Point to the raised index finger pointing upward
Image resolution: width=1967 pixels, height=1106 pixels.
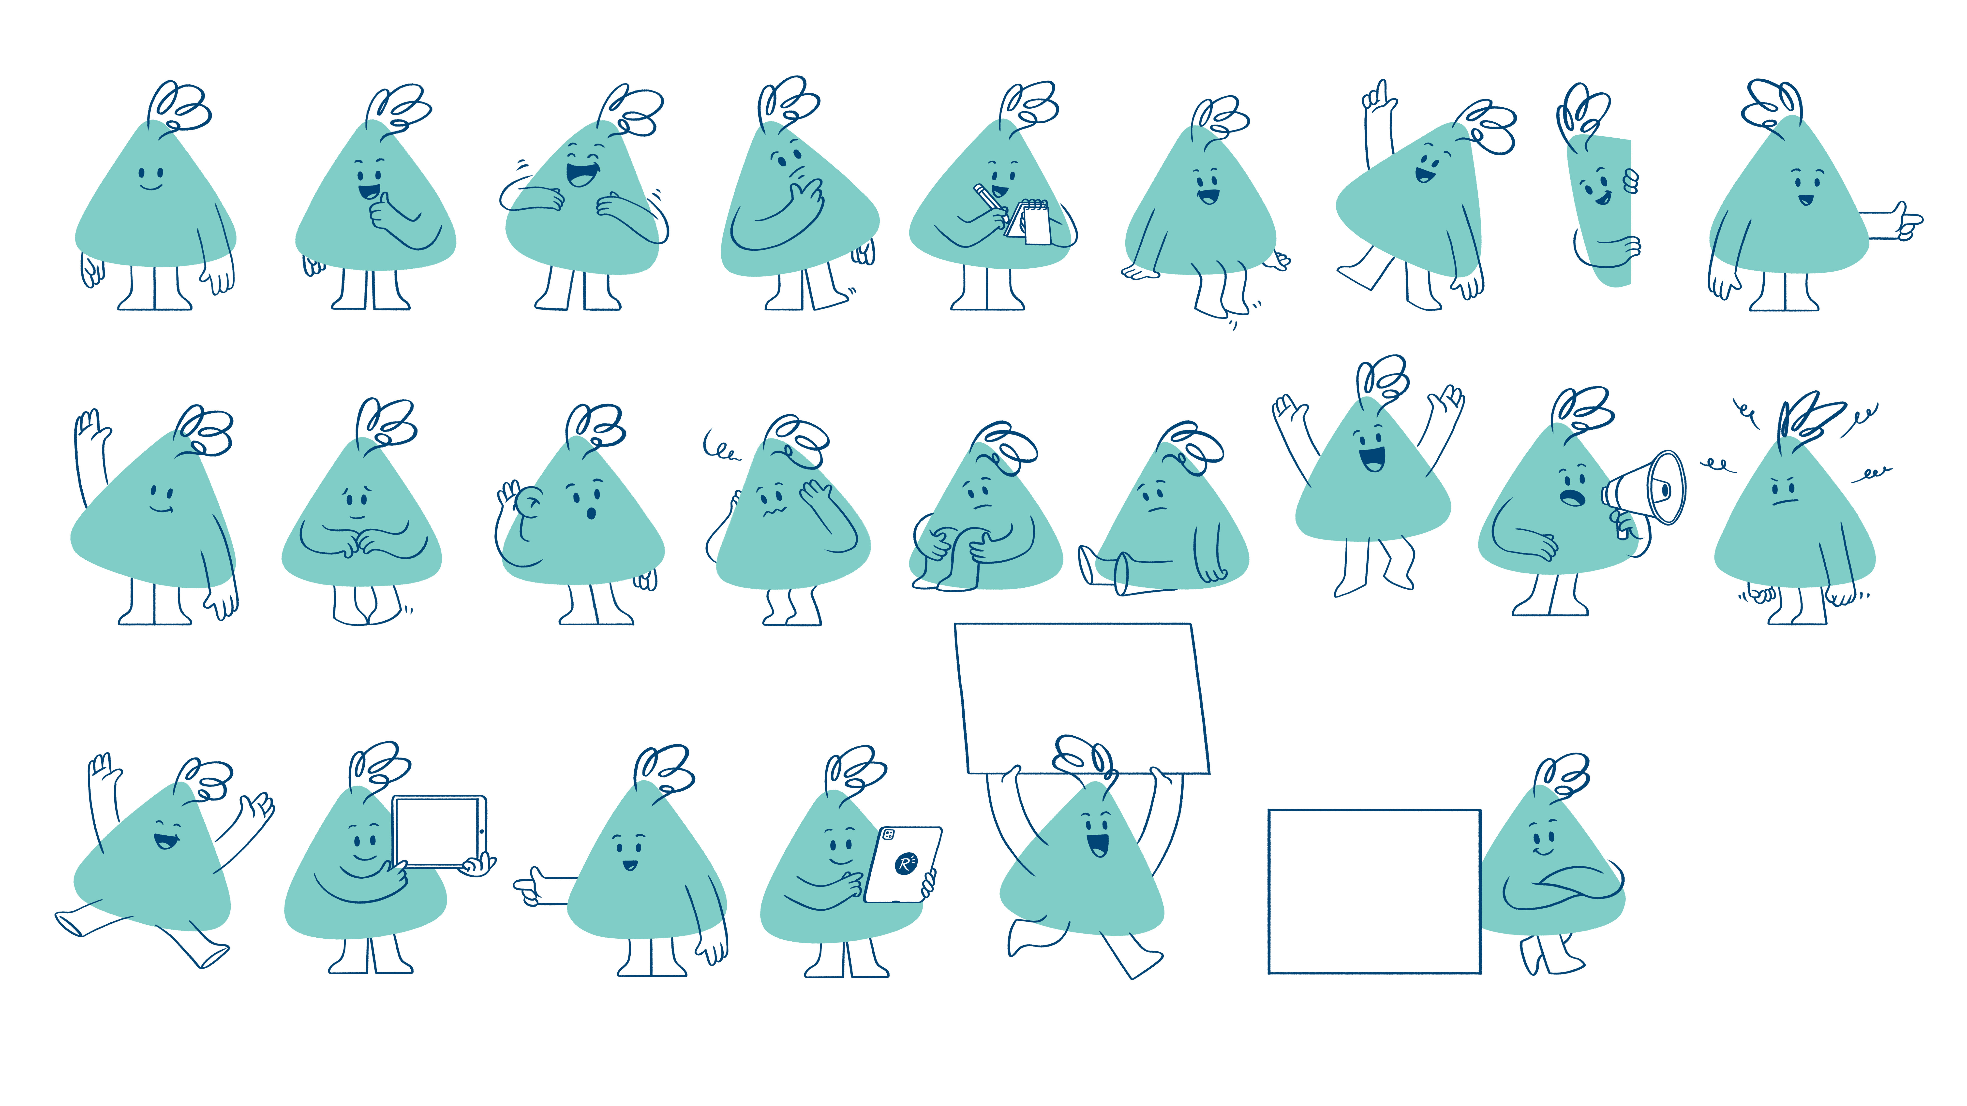point(1381,95)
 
